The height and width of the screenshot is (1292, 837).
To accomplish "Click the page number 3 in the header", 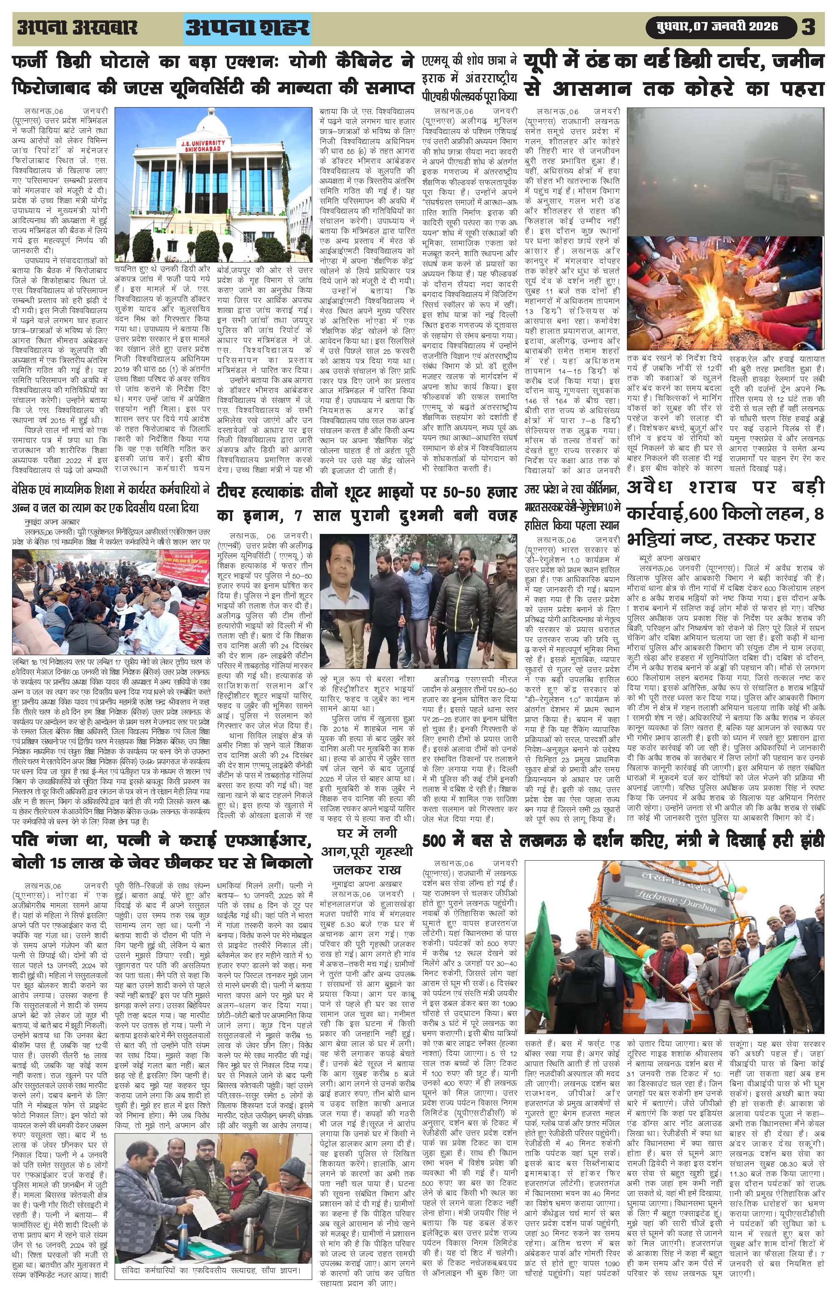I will (x=808, y=27).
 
